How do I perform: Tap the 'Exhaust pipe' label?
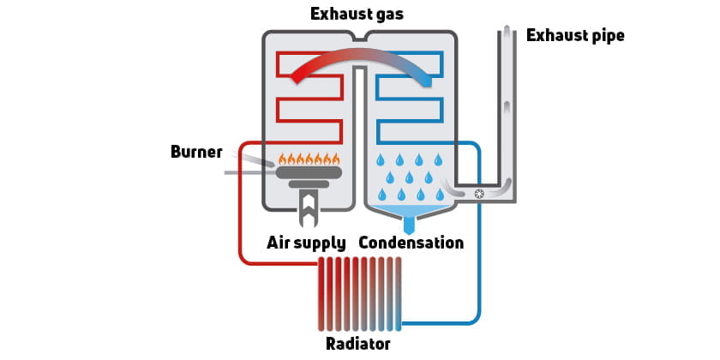click(575, 36)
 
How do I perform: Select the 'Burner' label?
click(196, 153)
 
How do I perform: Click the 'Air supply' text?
click(307, 243)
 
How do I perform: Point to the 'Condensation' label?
click(411, 243)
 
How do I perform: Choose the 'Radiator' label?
click(358, 344)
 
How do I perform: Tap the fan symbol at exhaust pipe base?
click(479, 194)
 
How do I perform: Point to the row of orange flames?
click(309, 159)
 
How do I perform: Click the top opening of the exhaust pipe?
click(507, 31)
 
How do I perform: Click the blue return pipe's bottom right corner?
click(477, 321)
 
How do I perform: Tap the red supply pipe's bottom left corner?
click(243, 259)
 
